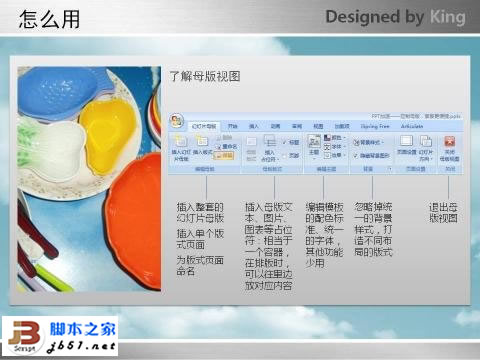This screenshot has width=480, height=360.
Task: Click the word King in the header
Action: pyautogui.click(x=446, y=18)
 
